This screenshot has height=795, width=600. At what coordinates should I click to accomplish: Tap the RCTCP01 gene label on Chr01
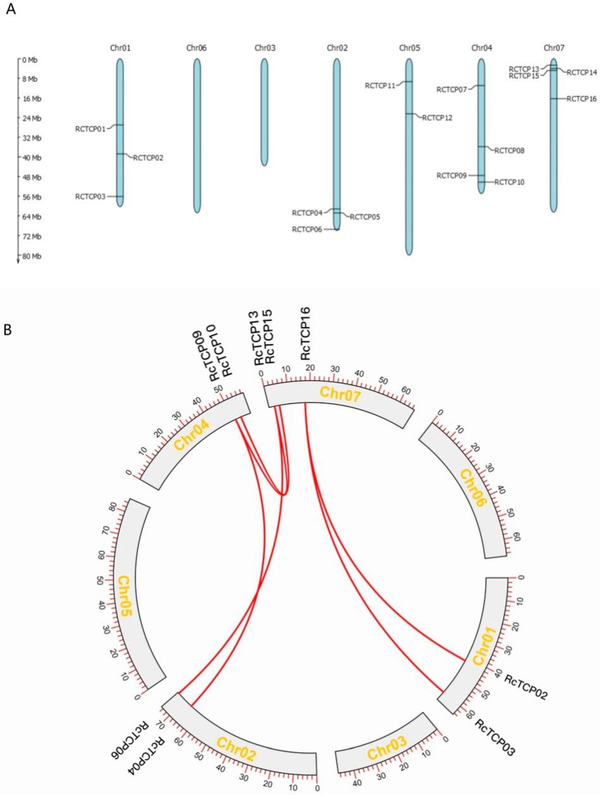point(90,129)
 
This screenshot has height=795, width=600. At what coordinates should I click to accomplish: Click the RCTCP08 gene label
point(509,151)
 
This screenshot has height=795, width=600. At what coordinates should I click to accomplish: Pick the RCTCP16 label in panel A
point(582,99)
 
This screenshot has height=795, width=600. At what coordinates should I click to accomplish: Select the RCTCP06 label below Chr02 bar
point(307,229)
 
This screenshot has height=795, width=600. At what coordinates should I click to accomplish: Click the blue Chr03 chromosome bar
point(264,112)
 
